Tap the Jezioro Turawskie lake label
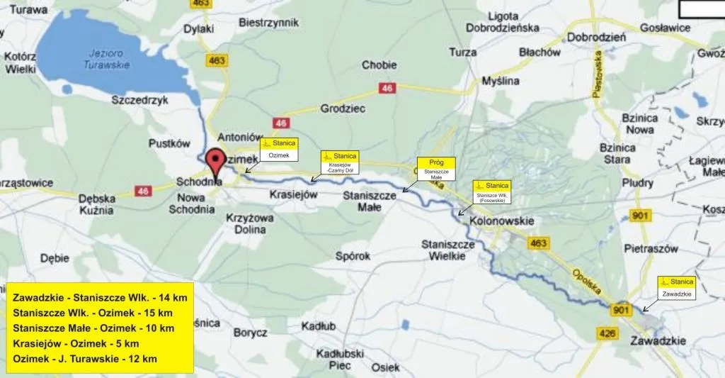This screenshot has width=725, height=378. pos(102,59)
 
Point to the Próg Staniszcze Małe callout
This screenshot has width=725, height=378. pos(436,168)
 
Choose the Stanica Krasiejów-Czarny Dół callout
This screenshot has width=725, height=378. pos(340,162)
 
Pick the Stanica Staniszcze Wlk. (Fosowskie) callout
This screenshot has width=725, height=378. pos(491,192)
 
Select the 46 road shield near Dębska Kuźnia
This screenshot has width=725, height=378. pos(144,191)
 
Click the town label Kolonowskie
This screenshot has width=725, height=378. pos(501,221)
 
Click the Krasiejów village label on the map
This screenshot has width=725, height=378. pos(294,195)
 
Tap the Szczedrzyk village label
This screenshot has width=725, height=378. pos(139,100)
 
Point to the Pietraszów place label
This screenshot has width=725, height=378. pos(651,249)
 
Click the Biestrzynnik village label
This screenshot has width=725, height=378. pos(269,23)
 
